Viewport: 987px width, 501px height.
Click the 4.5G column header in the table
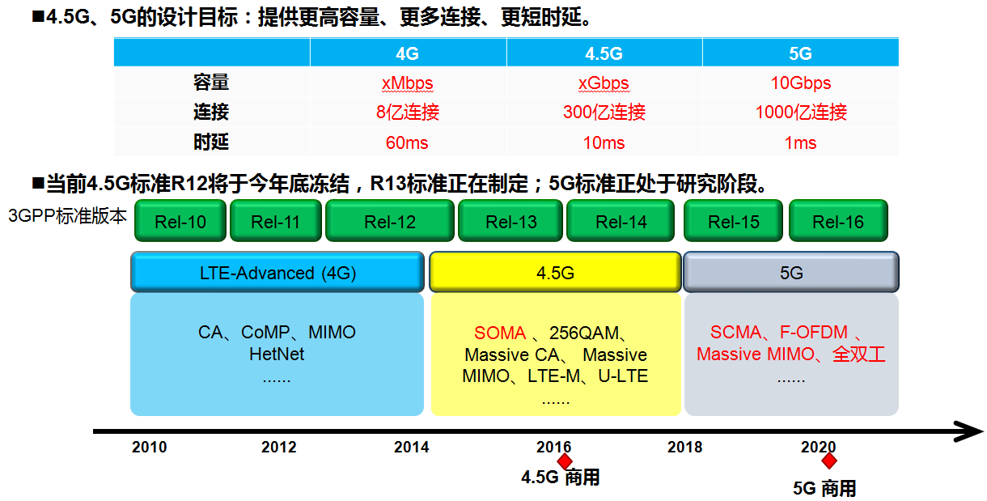(604, 54)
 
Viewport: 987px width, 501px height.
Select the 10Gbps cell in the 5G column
(800, 83)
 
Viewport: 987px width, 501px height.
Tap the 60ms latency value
(407, 143)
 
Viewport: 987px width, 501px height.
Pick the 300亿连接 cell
(604, 113)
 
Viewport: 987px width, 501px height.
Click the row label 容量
(211, 83)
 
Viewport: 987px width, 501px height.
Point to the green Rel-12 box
(390, 222)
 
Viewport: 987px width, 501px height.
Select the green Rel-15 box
(733, 222)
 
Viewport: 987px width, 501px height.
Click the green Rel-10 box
(180, 222)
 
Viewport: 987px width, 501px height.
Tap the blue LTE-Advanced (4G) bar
(277, 273)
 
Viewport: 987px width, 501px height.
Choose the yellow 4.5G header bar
(555, 273)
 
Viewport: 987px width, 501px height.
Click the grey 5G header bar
(790, 273)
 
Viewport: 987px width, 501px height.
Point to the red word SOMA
(500, 333)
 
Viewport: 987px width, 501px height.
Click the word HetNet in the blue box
(277, 354)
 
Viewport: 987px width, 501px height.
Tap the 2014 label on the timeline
(412, 448)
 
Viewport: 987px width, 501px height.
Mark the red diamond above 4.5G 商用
(565, 461)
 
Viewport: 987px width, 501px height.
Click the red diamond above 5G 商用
(828, 461)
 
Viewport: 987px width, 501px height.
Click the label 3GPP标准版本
(67, 216)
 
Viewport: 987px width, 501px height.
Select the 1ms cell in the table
(800, 143)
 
